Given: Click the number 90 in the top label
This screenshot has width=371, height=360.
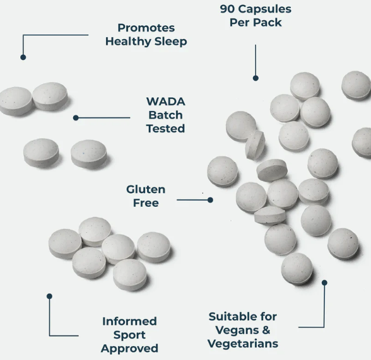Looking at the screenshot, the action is pyautogui.click(x=227, y=9).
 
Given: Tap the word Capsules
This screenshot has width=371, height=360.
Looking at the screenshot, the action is pyautogui.click(x=265, y=9).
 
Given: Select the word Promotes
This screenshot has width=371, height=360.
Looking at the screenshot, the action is pyautogui.click(x=146, y=28).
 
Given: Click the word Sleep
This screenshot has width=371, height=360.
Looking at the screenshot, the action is pyautogui.click(x=170, y=42).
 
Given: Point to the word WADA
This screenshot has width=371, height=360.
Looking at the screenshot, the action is pyautogui.click(x=165, y=102).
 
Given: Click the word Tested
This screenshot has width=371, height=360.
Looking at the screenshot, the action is pyautogui.click(x=165, y=129).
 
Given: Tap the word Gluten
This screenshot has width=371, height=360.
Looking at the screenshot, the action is pyautogui.click(x=146, y=190).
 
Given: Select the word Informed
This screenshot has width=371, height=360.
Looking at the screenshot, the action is pyautogui.click(x=129, y=322).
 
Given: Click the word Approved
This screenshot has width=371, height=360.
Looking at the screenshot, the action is pyautogui.click(x=129, y=349).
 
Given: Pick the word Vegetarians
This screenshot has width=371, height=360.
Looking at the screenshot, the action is pyautogui.click(x=243, y=344).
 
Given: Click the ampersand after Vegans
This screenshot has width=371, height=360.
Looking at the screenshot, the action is pyautogui.click(x=266, y=330).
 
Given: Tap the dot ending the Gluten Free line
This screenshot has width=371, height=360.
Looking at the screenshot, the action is pyautogui.click(x=210, y=200).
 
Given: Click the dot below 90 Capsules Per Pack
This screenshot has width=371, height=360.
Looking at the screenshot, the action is pyautogui.click(x=256, y=78).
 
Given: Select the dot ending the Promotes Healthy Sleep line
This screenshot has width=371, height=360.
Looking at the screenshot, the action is pyautogui.click(x=23, y=57).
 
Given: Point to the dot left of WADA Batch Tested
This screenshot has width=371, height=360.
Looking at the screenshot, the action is pyautogui.click(x=76, y=118).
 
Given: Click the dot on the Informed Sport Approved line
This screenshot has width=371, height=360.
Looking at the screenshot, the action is pyautogui.click(x=49, y=296).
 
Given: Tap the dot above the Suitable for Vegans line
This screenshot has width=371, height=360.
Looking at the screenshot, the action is pyautogui.click(x=324, y=282).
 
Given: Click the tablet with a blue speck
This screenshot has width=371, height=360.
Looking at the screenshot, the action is pyautogui.click(x=89, y=154).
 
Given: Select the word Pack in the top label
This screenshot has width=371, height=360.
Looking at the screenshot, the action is pyautogui.click(x=269, y=23).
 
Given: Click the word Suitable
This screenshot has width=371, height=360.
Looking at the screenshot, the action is pyautogui.click(x=227, y=316).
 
